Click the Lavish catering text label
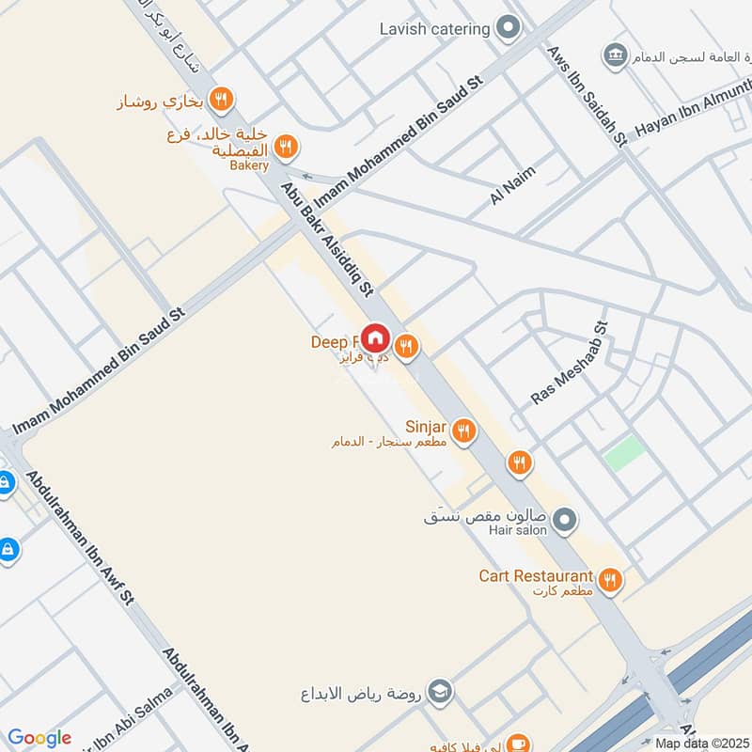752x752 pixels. tap(434, 29)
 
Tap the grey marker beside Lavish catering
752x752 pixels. tap(509, 28)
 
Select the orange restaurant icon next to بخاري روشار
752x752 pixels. tap(222, 99)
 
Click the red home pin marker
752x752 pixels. tap(375, 337)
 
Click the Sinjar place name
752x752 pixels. tap(426, 426)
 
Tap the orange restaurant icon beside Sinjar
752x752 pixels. tap(462, 431)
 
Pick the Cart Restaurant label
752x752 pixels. tap(536, 575)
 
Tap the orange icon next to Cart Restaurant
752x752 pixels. tap(610, 580)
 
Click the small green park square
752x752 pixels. tap(624, 454)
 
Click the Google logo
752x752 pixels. tap(39, 738)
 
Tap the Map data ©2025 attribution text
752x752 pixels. tap(700, 743)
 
